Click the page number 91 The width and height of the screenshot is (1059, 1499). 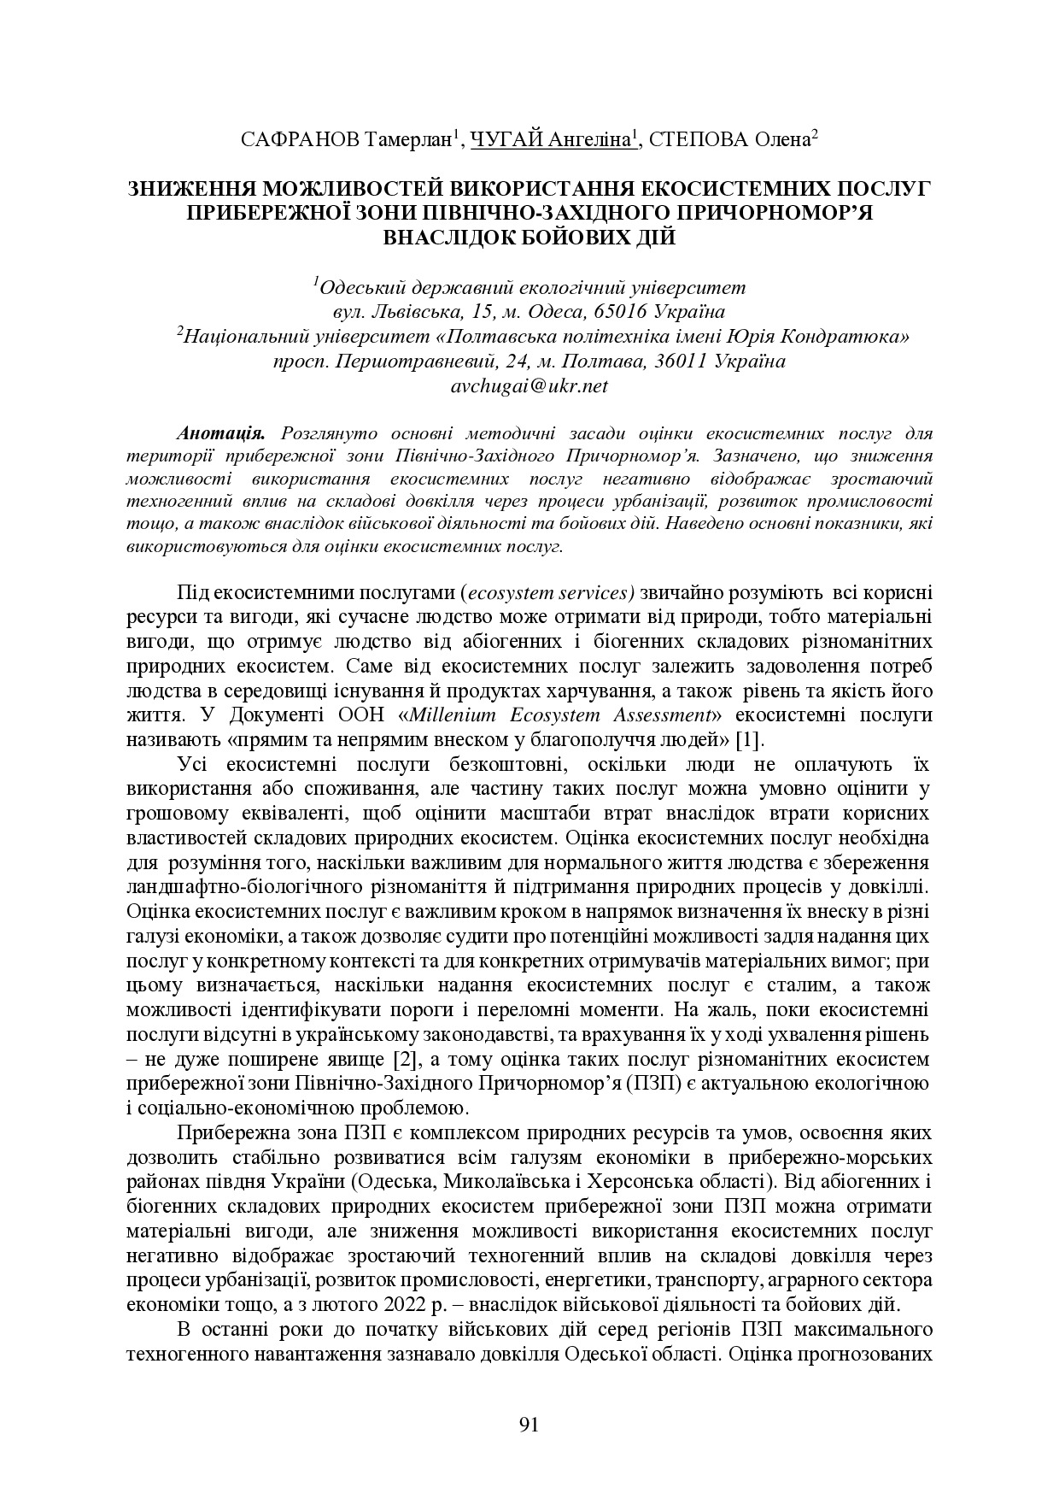pyautogui.click(x=529, y=1424)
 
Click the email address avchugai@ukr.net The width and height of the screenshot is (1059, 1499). pyautogui.click(x=529, y=386)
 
